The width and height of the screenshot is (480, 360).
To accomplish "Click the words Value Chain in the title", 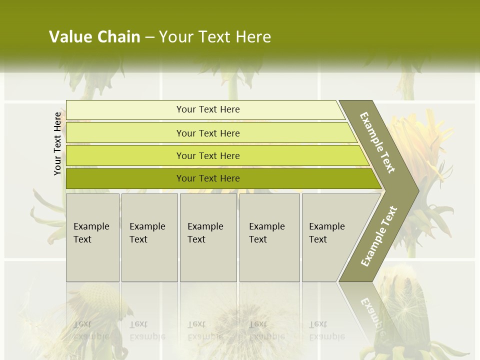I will click(94, 37).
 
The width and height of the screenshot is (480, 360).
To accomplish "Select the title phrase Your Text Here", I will click(215, 37).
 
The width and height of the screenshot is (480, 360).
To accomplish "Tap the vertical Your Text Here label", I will click(57, 143).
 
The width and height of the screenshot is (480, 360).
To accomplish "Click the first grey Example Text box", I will click(92, 237).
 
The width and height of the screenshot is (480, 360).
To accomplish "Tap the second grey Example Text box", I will click(149, 237).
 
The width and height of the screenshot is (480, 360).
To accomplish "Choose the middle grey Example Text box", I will click(208, 237).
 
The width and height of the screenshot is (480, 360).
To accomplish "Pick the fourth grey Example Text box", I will click(269, 237).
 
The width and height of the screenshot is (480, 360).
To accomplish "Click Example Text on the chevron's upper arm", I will click(377, 142).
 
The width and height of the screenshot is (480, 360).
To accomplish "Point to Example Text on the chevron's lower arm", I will click(378, 236).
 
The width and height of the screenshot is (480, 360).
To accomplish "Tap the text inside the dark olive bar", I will click(208, 178).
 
